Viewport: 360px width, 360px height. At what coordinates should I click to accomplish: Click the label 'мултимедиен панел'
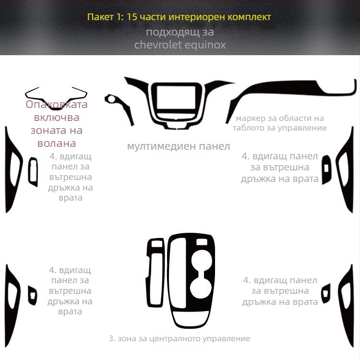[179, 146]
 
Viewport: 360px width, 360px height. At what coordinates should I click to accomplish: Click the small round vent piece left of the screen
[114, 100]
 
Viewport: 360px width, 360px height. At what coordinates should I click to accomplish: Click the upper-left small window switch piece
[33, 171]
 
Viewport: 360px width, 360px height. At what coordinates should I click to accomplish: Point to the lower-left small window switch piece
[33, 295]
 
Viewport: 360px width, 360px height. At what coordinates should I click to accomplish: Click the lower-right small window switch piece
[326, 292]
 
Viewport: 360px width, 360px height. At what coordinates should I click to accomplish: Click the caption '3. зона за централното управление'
[180, 339]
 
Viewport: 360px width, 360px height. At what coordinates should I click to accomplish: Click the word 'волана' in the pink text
[57, 143]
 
